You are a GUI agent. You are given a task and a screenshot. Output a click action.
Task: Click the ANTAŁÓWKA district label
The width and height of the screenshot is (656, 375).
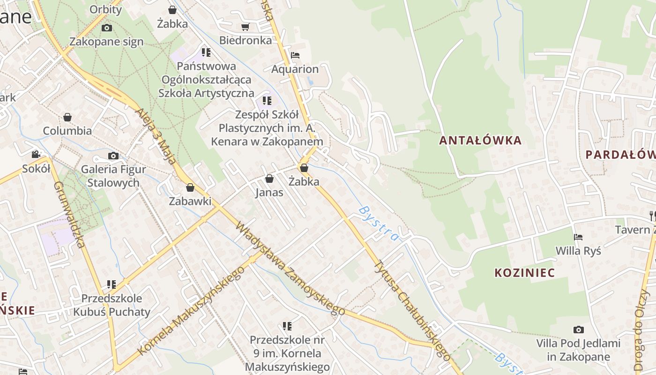point(480,140)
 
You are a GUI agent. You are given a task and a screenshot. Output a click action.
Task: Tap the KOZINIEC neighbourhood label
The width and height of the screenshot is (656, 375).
point(524,272)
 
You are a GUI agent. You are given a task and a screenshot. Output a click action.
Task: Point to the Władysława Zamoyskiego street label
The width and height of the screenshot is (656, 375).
point(290,268)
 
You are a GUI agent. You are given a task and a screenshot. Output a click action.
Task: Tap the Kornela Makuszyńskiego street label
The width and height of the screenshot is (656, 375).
point(192,311)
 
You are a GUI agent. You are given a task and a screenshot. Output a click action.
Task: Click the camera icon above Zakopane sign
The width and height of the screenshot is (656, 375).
point(107,28)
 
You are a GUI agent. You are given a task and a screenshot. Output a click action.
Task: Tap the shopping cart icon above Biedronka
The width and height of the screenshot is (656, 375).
point(245,27)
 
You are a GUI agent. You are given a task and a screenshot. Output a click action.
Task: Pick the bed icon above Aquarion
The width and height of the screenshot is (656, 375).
point(295,55)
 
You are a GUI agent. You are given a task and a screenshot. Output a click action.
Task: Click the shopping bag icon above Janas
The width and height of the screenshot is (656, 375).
point(269,179)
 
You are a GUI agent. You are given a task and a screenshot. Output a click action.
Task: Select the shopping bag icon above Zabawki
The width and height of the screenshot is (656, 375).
point(190,187)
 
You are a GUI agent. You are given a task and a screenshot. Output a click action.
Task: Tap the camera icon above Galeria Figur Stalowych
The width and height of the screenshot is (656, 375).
point(113,156)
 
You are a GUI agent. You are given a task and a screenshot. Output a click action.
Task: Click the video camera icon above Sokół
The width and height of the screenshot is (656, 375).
point(36,154)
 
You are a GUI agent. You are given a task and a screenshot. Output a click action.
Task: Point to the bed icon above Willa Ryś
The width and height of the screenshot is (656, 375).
point(578,237)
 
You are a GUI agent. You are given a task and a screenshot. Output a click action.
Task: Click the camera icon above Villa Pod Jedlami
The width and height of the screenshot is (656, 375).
point(578,330)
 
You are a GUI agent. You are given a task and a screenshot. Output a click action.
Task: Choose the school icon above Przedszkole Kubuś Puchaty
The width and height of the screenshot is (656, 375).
point(112,284)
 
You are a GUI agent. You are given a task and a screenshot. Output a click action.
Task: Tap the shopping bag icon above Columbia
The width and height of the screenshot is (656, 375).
point(67,117)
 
